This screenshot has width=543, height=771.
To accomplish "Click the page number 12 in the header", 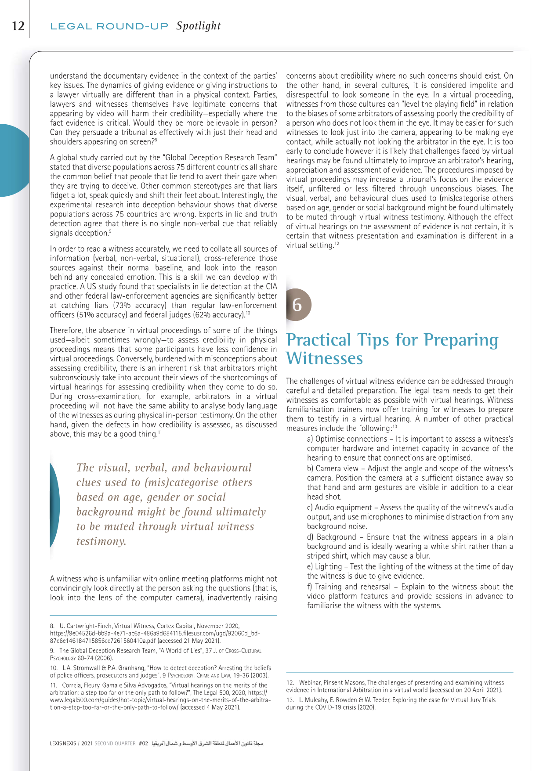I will tap(18, 26).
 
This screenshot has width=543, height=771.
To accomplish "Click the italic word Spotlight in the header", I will tap(199, 26).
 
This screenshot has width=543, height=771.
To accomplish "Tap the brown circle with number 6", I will tap(297, 304).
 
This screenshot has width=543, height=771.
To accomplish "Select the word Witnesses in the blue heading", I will tap(325, 358).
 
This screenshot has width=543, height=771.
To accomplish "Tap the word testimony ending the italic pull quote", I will tap(101, 541).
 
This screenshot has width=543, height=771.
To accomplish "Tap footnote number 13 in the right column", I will tap(290, 700).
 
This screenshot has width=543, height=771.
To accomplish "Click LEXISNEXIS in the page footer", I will tap(63, 744).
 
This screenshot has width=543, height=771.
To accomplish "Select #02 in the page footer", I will tap(143, 744).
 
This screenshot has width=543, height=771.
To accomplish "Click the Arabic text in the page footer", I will tap(207, 744).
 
